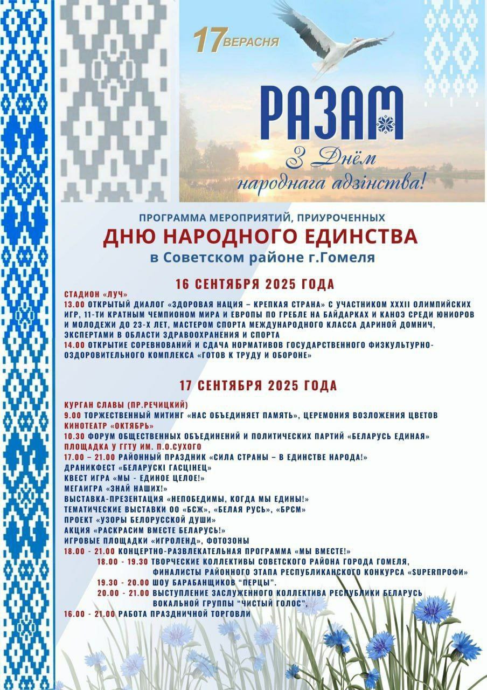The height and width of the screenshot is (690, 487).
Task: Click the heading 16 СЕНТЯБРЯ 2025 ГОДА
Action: coord(255,284)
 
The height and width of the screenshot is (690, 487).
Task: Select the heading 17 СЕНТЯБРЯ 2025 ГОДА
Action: coord(258,385)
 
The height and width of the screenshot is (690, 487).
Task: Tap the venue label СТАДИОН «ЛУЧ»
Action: coord(95,294)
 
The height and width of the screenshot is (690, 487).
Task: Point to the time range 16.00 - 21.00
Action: coord(89,614)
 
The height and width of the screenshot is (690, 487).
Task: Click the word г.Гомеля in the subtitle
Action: coord(345,258)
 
